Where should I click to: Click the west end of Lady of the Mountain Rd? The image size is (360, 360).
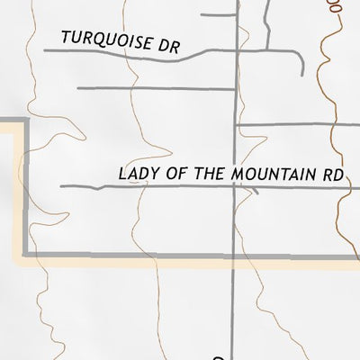coord(61,187)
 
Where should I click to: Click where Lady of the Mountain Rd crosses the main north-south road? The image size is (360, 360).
coord(236,188)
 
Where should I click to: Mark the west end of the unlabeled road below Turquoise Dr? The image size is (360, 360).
coord(79,88)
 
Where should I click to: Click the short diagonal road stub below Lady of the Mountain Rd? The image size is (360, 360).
coord(256,191)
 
